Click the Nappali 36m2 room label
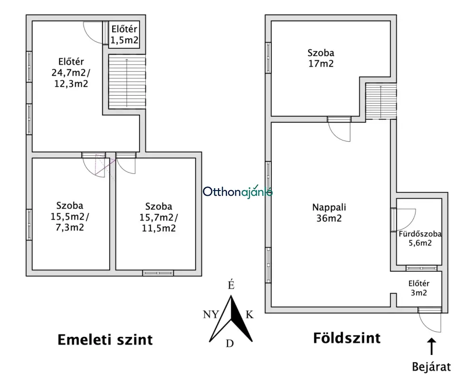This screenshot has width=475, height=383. (x=329, y=213)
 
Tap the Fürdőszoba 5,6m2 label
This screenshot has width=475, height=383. (x=420, y=239)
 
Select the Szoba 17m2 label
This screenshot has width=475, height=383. (x=321, y=58)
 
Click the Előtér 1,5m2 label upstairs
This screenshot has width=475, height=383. (x=124, y=35)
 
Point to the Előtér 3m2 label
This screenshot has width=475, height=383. (x=419, y=288)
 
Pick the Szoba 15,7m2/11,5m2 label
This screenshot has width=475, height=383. (x=159, y=217)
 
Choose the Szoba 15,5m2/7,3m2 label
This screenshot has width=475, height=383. (x=70, y=216)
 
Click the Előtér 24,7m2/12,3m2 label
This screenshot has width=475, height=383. (x=71, y=72)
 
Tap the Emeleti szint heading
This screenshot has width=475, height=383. (x=105, y=340)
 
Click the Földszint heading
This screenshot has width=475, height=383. (x=347, y=338)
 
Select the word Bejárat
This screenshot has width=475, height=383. (x=431, y=367)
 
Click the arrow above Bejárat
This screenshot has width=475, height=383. (x=431, y=346)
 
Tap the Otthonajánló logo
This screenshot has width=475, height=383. (x=237, y=191)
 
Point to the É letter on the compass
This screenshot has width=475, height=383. (x=231, y=285)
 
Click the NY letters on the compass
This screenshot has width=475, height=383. (x=210, y=315)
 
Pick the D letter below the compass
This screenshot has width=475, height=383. (x=229, y=344)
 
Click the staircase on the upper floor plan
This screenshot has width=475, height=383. (x=127, y=81)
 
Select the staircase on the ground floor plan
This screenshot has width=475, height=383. (x=381, y=101)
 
